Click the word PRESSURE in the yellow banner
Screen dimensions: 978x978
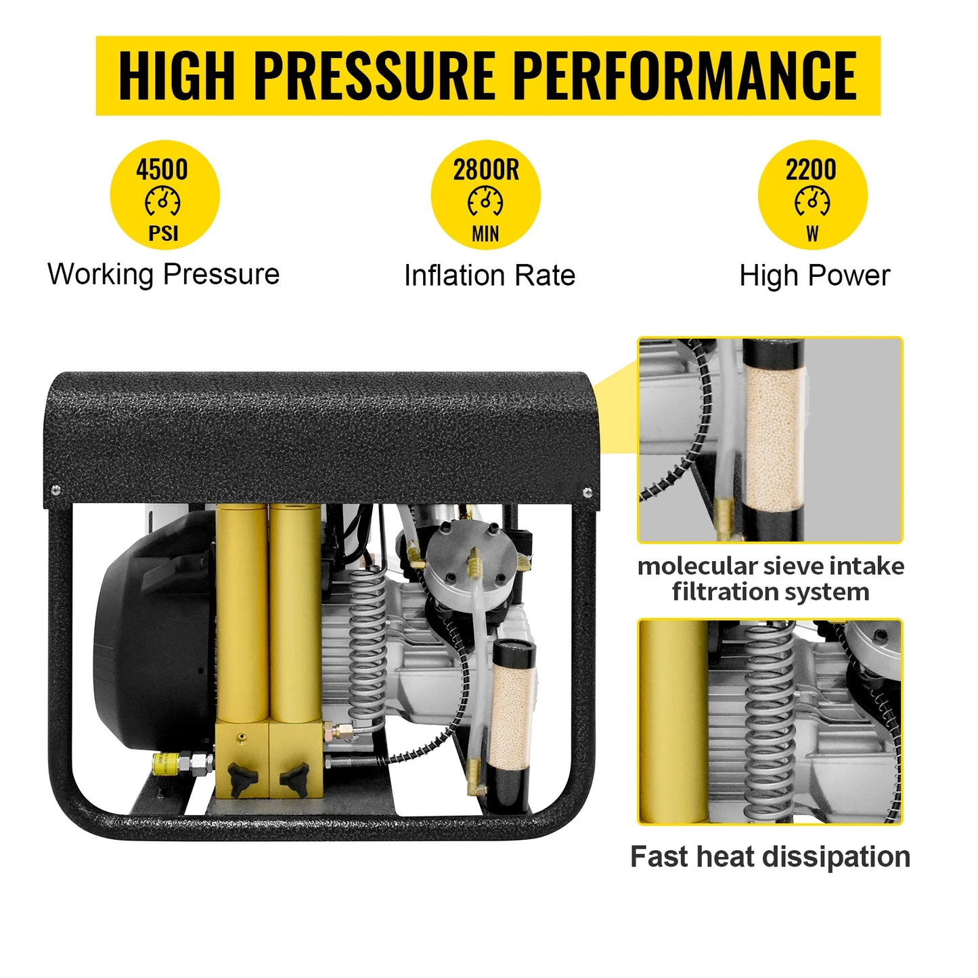click(x=374, y=75)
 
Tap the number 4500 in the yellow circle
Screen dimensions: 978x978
click(x=162, y=169)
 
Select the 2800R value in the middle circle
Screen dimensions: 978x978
click(x=486, y=169)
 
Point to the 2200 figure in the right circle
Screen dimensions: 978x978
click(x=811, y=169)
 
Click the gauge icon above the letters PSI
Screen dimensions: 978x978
click(x=162, y=202)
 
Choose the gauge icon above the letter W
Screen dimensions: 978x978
click(x=812, y=202)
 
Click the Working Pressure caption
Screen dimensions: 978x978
click(x=163, y=275)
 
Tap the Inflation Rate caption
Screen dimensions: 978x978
click(x=489, y=276)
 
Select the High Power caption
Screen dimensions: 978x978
click(x=814, y=276)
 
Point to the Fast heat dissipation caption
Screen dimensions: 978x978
click(x=770, y=857)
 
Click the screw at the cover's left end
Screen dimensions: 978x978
click(x=55, y=489)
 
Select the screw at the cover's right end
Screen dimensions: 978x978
click(x=587, y=492)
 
